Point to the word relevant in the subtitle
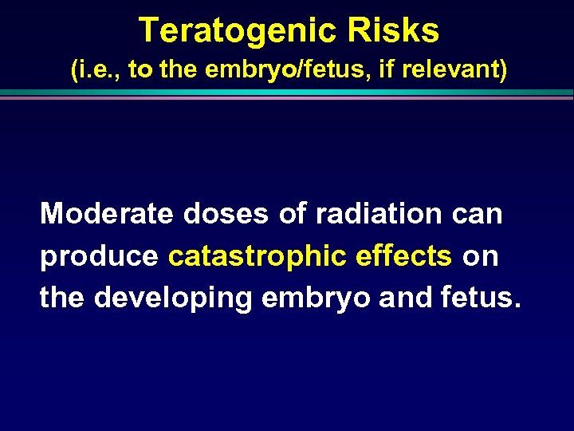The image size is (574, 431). tap(452, 70)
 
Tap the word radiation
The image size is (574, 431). tap(379, 214)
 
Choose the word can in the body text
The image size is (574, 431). tap(477, 214)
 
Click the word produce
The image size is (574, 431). tap(100, 257)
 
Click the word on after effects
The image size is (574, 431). tap(480, 257)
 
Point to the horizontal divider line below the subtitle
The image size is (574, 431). tap(287, 94)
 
